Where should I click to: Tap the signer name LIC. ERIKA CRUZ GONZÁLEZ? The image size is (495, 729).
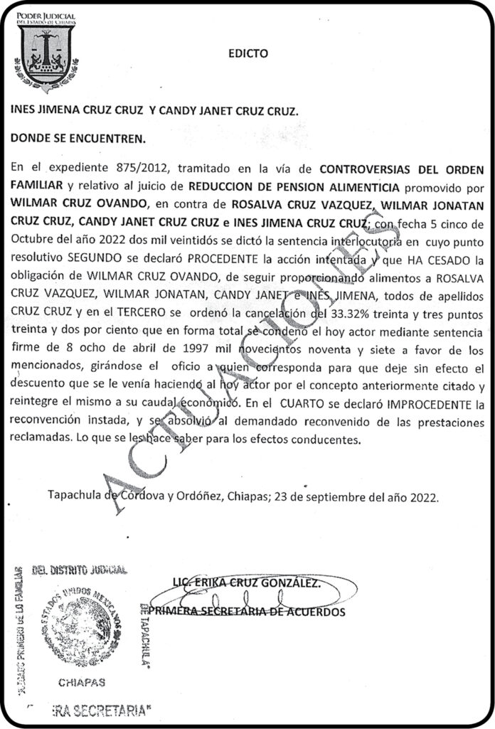246,583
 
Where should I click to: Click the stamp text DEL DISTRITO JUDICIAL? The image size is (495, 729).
80,569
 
